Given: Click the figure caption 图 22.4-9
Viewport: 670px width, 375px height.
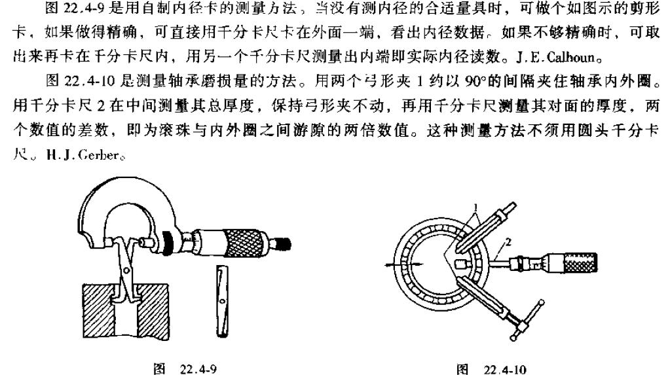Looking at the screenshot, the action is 185,368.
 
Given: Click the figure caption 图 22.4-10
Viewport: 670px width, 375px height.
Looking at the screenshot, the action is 491,368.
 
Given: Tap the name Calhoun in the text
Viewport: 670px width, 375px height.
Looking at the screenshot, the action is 570,56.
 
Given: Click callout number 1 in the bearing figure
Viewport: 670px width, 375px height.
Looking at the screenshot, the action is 474,208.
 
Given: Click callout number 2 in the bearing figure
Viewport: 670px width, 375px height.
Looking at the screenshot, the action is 508,243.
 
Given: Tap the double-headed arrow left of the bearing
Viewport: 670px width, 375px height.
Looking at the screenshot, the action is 405,265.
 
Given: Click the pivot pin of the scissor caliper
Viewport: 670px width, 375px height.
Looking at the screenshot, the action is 126,270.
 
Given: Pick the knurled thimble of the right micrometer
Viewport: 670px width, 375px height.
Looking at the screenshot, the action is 580,263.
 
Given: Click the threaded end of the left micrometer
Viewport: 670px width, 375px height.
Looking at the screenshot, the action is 282,243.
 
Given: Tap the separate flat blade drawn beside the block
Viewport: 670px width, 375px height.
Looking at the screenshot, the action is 221,300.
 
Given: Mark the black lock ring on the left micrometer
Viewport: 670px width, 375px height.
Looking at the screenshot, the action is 167,243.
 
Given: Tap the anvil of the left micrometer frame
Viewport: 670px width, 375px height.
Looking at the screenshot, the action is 109,243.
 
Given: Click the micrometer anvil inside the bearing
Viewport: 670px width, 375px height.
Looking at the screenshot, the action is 461,264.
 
